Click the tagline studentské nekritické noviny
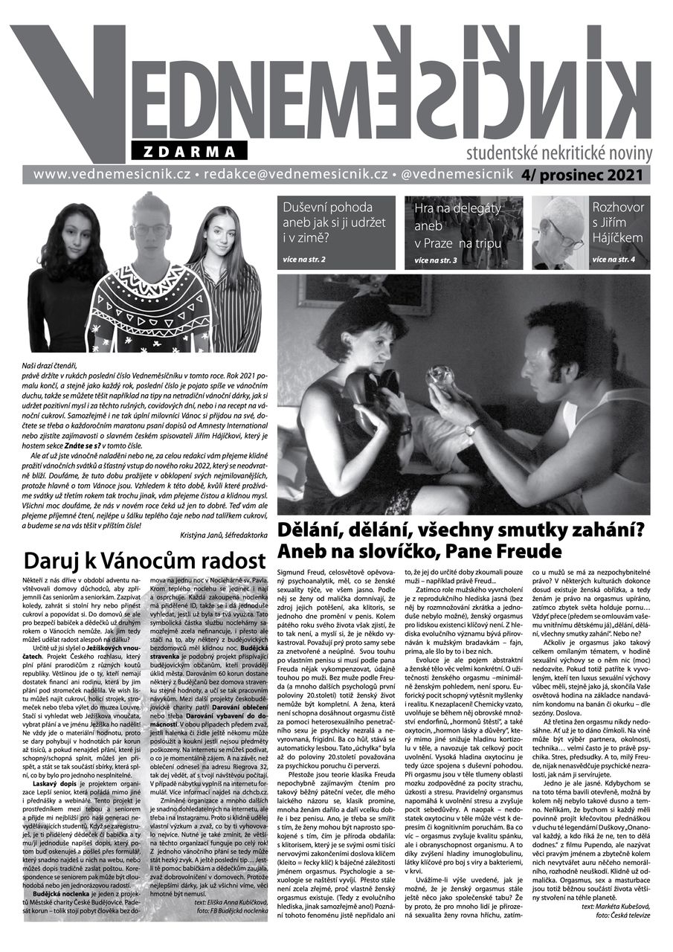click(x=559, y=155)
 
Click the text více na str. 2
click(x=303, y=258)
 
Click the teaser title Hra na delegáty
click(x=457, y=208)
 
